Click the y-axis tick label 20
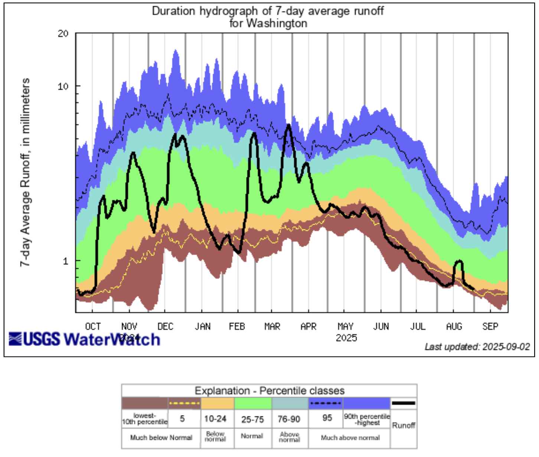tap(63, 33)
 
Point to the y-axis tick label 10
tap(63, 86)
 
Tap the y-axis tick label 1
tap(65, 261)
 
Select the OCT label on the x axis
tap(93, 326)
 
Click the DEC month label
tap(166, 326)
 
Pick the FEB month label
tap(237, 326)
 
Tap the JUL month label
tap(418, 326)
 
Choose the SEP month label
tap(490, 326)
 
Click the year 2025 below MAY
tap(346, 338)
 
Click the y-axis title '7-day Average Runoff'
tap(25, 172)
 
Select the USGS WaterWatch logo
tap(85, 339)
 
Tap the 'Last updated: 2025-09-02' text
tap(477, 347)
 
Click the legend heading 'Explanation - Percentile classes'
tap(269, 391)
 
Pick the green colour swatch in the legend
tap(253, 403)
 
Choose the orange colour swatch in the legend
tap(218, 403)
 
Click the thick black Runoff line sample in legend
tap(404, 403)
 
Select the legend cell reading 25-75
tap(252, 419)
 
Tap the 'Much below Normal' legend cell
tap(161, 438)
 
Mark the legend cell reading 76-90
tap(289, 419)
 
